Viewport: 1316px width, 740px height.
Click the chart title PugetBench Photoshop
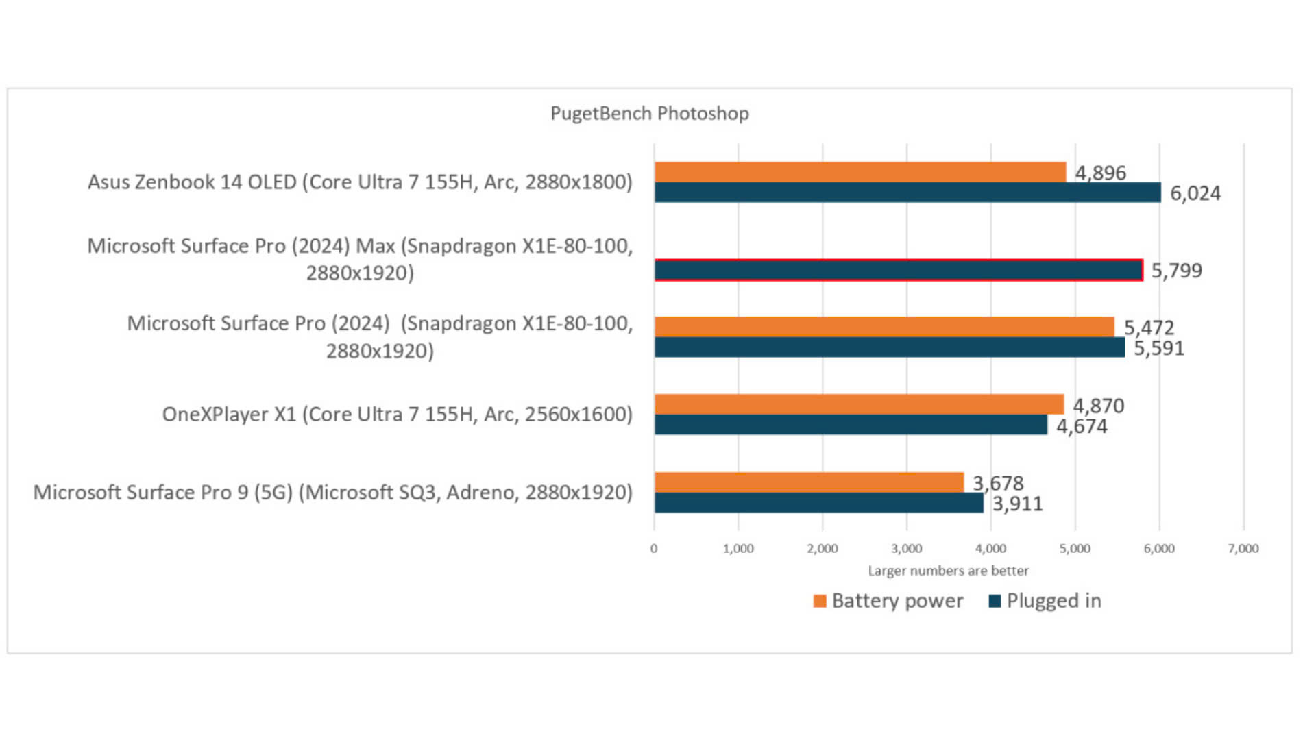[x=649, y=113]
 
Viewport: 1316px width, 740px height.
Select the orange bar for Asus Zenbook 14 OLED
[x=860, y=172]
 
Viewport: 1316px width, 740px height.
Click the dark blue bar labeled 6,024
[x=907, y=193]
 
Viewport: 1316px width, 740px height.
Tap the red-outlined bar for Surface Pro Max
[x=898, y=270]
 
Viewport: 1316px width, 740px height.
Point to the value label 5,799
[x=1176, y=271]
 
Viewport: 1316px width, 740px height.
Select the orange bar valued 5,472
[x=884, y=327]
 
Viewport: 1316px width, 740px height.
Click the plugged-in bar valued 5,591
[x=889, y=347]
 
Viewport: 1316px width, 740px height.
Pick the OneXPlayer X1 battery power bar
[x=859, y=404]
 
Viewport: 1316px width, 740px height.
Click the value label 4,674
[x=1082, y=426]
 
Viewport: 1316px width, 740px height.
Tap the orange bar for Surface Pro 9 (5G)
[x=809, y=482]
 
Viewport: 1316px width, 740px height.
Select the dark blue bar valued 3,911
[x=818, y=503]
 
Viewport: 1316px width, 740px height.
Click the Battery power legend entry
[x=888, y=601]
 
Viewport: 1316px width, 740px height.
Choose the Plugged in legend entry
[x=1045, y=601]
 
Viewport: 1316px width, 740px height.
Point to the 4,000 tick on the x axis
[x=990, y=548]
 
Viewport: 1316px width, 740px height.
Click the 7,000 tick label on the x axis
[x=1243, y=548]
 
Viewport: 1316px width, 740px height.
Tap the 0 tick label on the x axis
[x=654, y=548]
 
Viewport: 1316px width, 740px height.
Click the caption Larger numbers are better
[x=948, y=571]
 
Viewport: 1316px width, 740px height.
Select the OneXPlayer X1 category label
[x=397, y=415]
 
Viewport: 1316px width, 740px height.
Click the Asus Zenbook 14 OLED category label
[x=360, y=182]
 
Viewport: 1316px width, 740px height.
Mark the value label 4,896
[x=1100, y=173]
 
